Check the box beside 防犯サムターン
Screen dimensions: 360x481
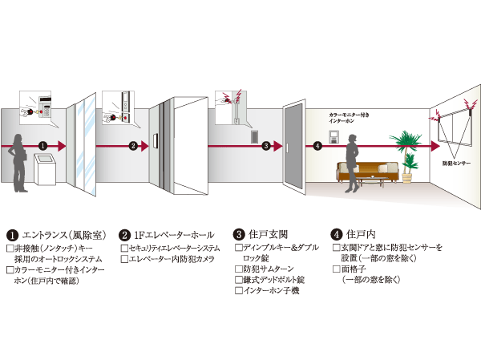coord(238,268)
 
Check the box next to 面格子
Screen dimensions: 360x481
coord(335,270)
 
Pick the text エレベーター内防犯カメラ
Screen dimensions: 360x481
coord(175,259)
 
